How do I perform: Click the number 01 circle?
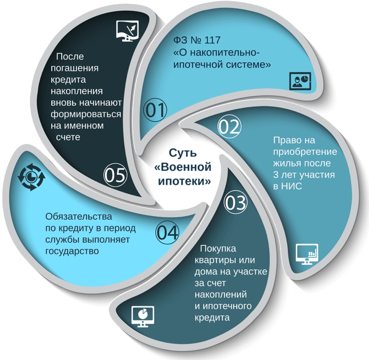point(155,110)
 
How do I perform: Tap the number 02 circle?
point(229,126)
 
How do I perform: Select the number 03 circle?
point(236,202)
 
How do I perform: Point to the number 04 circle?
point(167,233)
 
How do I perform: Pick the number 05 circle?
point(115,175)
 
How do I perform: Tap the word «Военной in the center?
point(183,167)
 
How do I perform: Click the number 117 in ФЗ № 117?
point(212,40)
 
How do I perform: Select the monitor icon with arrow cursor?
point(127,31)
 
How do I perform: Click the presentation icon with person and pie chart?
point(300,81)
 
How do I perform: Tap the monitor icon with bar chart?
point(307,254)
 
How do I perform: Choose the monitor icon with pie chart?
point(143,317)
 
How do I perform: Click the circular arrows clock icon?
point(31,177)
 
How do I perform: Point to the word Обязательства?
point(78,217)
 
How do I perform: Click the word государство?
point(72,251)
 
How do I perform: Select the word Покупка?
point(218,249)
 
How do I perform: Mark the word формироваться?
point(86,114)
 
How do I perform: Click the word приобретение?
point(305,152)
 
